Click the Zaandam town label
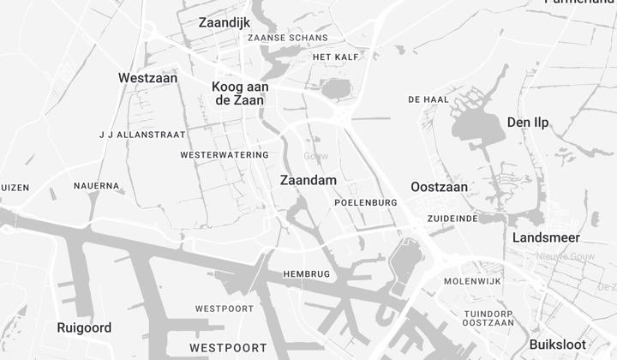point(308,181)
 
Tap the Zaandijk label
point(224,22)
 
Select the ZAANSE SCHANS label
point(287,39)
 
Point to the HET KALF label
point(335,57)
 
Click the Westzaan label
point(147,78)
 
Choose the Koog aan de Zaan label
point(240,93)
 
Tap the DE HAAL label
point(428,100)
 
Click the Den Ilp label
point(528,123)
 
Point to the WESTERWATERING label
point(225,155)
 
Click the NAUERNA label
point(96,186)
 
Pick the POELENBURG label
point(366,202)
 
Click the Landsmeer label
point(546,237)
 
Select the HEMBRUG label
point(306,274)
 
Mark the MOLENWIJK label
point(471,281)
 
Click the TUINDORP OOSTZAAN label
point(488,318)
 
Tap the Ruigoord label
point(84,327)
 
